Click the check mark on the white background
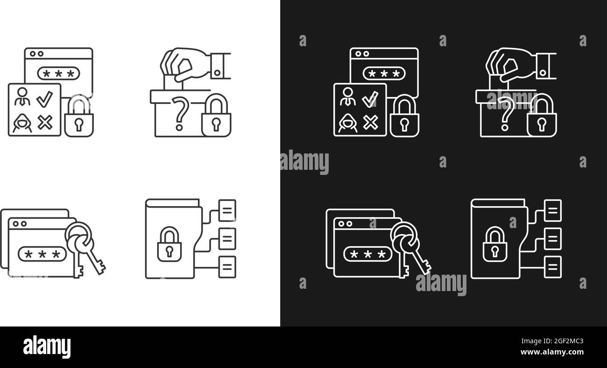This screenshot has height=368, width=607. (x=45, y=98)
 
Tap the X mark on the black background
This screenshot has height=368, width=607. (x=370, y=123)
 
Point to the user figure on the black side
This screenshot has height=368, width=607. (x=346, y=97)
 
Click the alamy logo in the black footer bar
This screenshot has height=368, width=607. (x=47, y=347)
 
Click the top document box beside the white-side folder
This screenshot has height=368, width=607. (x=227, y=210)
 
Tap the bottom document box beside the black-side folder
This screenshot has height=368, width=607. (x=553, y=267)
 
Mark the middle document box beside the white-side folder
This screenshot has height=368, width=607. (x=227, y=239)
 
